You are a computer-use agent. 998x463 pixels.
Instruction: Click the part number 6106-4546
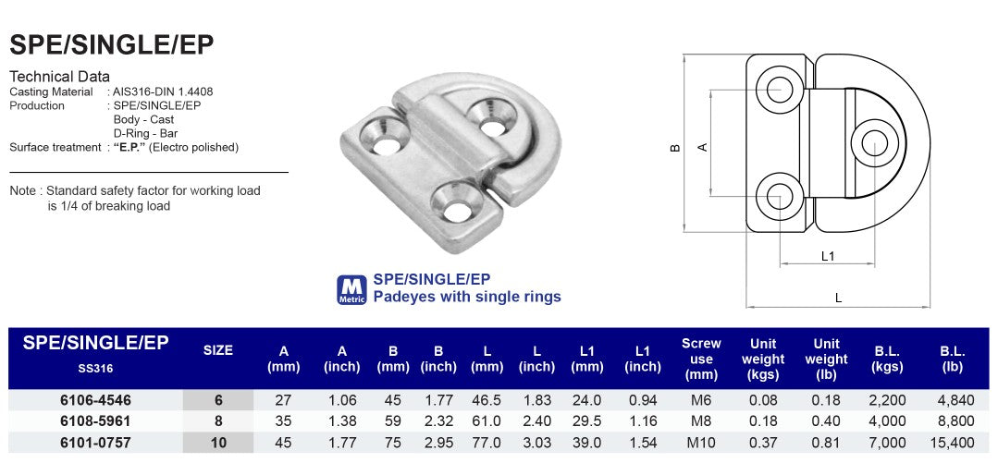(x=96, y=400)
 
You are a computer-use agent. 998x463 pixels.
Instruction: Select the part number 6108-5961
(x=96, y=421)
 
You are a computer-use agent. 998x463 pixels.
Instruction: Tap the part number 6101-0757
(x=96, y=443)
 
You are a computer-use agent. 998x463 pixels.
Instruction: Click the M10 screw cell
(x=700, y=443)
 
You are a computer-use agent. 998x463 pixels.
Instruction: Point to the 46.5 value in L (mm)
(x=487, y=400)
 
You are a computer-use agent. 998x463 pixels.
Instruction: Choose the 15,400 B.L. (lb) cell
(x=953, y=443)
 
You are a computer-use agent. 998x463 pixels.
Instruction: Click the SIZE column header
(x=218, y=350)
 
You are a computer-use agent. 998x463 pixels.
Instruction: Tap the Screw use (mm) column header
(x=701, y=359)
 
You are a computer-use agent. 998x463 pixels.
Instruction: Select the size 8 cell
(x=218, y=421)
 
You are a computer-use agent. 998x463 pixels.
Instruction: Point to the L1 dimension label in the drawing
(x=829, y=256)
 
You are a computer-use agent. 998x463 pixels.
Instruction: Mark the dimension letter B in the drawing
(x=676, y=147)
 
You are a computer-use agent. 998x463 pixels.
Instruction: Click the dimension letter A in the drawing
(x=703, y=146)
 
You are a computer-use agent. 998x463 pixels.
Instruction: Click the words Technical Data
(x=59, y=77)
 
